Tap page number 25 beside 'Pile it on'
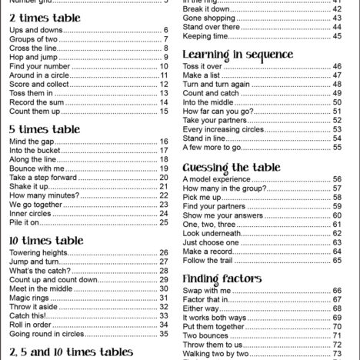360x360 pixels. tap(164, 222)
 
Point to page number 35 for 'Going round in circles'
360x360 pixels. tap(164, 333)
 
